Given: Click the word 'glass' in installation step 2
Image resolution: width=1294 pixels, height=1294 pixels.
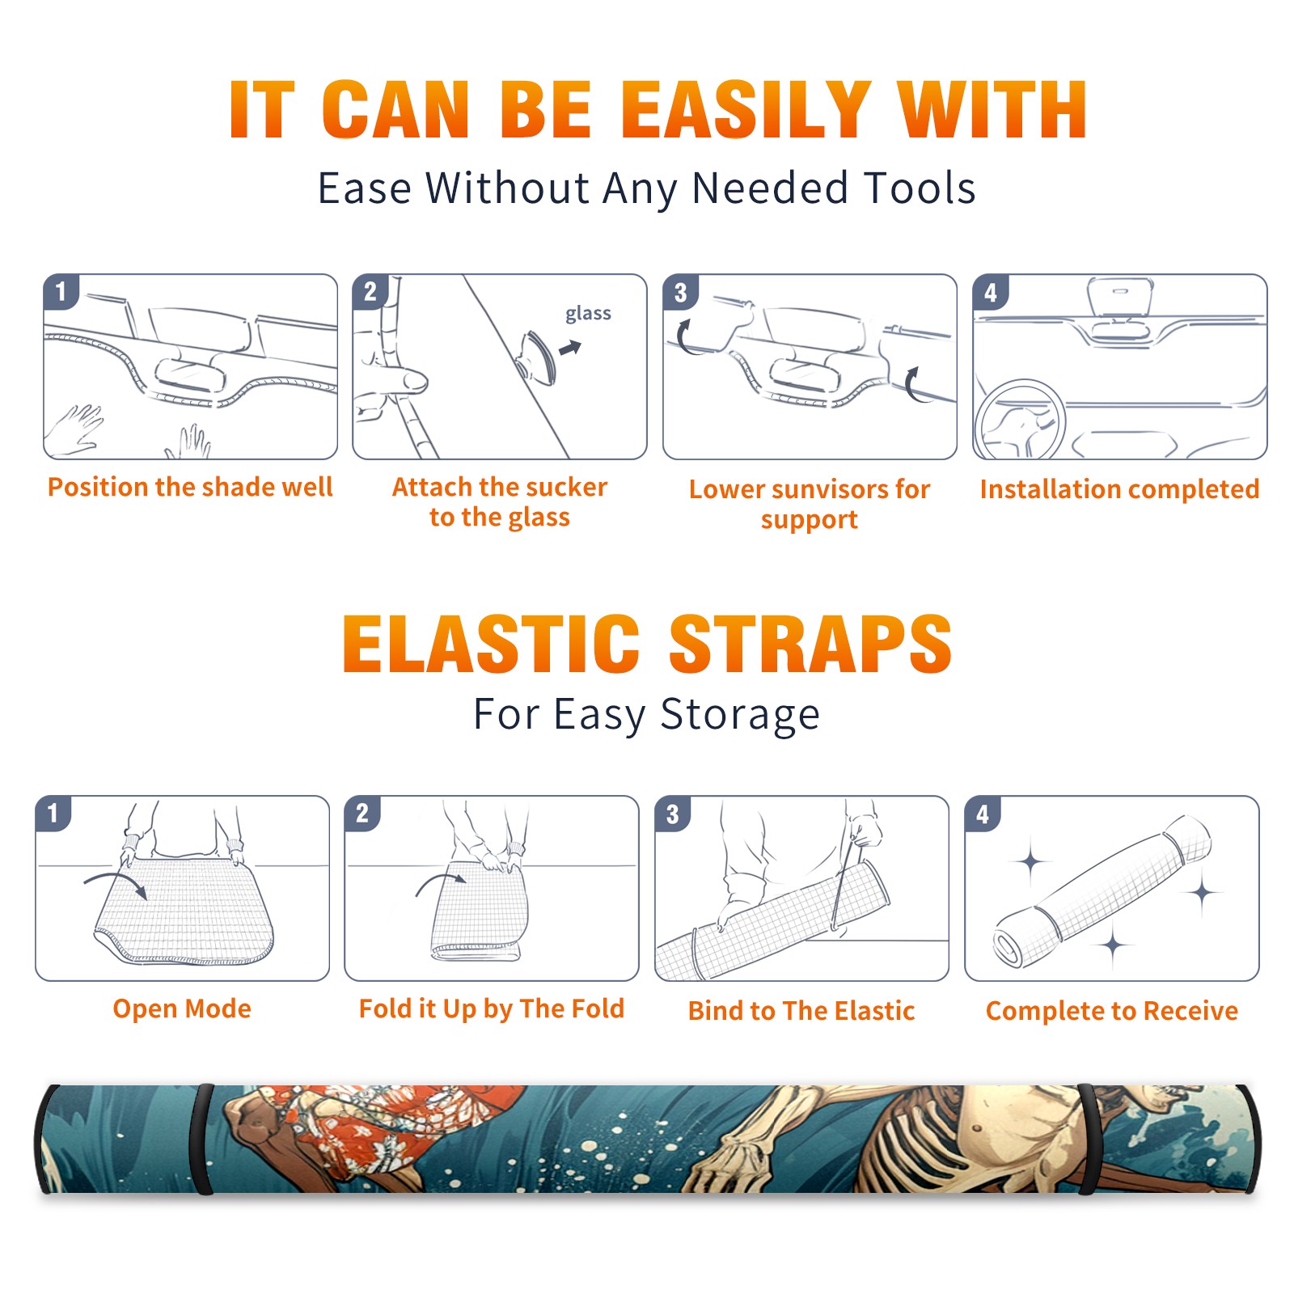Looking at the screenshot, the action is pos(588,314).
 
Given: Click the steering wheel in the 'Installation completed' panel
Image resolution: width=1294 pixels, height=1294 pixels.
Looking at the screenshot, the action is pos(1019,421).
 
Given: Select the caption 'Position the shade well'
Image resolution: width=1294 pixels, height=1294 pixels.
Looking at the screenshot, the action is pos(190,487).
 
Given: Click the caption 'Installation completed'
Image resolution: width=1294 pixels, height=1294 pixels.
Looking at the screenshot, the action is pos(1119,488).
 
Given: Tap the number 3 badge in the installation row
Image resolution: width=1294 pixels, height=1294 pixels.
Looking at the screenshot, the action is pos(680,293).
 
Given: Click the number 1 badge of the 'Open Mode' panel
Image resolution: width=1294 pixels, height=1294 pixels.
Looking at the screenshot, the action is pos(53,813).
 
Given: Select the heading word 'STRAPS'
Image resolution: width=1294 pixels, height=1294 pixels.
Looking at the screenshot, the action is pos(810,644).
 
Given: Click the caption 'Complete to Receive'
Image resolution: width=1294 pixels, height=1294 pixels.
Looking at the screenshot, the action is pos(1112,1011).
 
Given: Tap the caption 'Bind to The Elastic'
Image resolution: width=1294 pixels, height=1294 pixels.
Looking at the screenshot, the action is pos(801,1011).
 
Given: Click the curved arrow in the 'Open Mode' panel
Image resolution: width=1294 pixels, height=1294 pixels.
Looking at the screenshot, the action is pos(116,882).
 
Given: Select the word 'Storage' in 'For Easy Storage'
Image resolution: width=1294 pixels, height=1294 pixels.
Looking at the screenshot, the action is pos(740,715).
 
